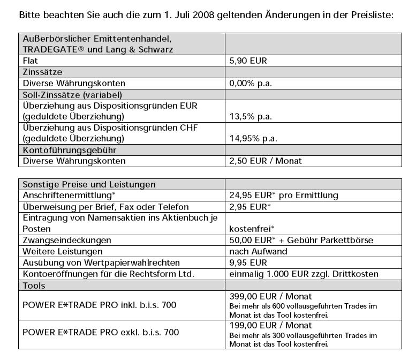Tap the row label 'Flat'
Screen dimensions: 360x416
click(31, 61)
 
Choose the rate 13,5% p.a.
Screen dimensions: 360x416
click(251, 116)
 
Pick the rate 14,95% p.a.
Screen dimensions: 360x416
click(253, 139)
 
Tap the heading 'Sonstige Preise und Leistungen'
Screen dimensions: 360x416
click(89, 184)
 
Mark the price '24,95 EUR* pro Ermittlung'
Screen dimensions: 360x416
click(283, 196)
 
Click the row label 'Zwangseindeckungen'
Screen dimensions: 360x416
click(66, 240)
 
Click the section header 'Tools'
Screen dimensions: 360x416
click(34, 285)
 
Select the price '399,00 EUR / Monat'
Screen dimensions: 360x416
click(270, 296)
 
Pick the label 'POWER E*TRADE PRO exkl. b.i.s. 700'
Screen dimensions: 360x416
click(101, 333)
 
